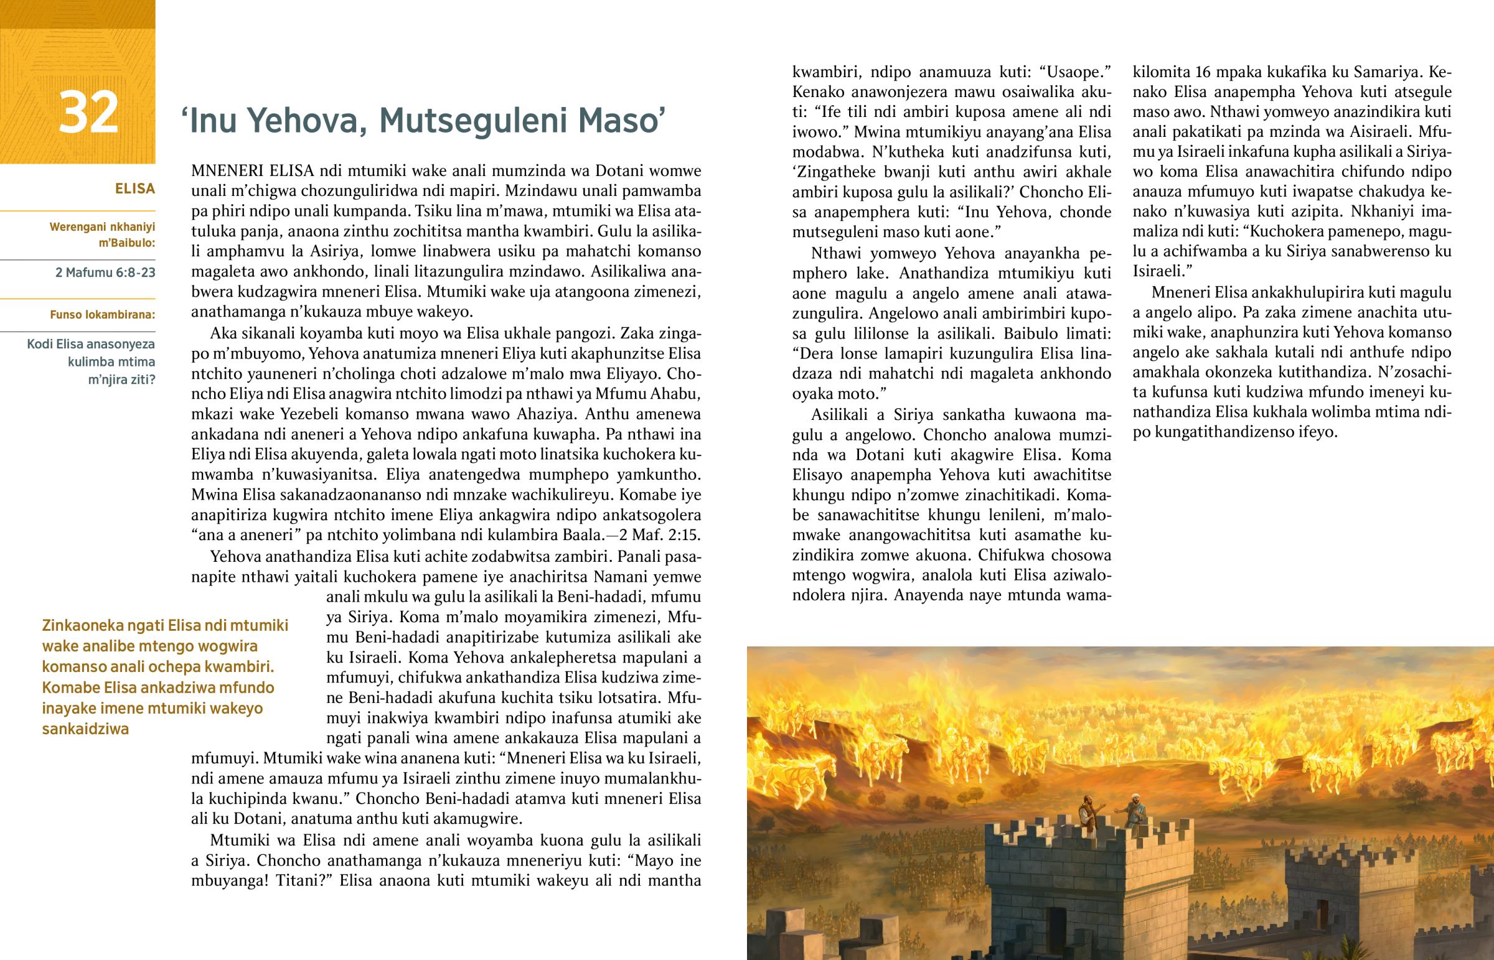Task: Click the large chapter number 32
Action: (88, 112)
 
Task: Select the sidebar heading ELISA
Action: (134, 189)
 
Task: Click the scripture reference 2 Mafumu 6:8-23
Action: (105, 273)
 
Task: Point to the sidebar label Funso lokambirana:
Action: (102, 314)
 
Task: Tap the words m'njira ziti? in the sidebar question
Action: (121, 379)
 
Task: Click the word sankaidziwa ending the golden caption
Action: (85, 729)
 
